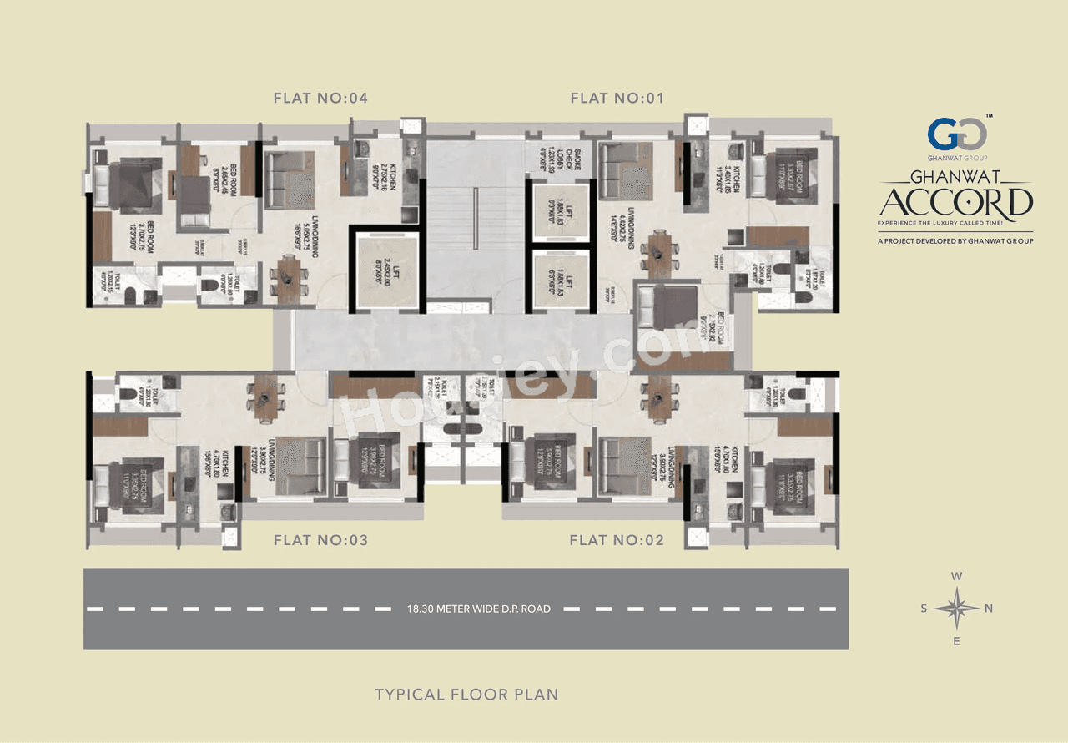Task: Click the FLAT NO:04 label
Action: (320, 99)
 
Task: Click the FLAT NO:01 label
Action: (617, 99)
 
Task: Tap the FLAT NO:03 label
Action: (320, 541)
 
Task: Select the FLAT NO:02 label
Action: (617, 541)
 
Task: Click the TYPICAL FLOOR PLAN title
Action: (466, 695)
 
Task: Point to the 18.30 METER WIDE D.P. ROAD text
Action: (466, 609)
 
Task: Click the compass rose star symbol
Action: (957, 608)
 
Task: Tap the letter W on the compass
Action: (958, 576)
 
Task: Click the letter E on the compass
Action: (957, 641)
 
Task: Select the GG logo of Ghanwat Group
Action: (958, 134)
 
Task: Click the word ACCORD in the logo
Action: (956, 203)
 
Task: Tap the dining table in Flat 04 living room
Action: (288, 281)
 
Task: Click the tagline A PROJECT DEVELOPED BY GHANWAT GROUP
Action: (956, 241)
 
